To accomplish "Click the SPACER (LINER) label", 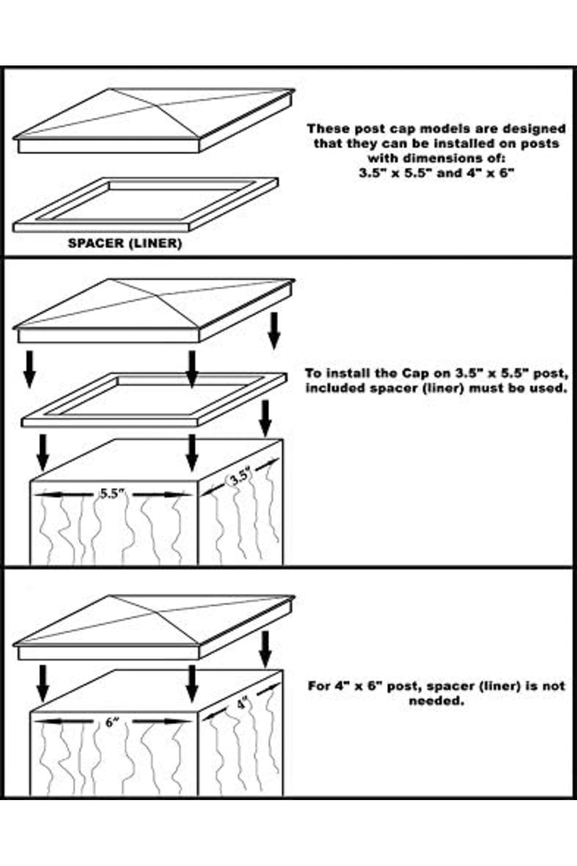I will coord(125,243).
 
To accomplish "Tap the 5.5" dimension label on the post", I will coord(112,494).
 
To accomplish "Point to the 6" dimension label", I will coord(112,722).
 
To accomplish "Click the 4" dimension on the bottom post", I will coord(242,704).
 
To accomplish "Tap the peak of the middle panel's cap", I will coord(111,279).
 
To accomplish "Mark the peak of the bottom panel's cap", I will coord(111,596).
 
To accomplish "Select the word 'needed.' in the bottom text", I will coord(437,701).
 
